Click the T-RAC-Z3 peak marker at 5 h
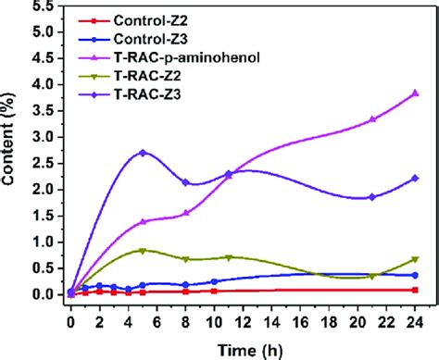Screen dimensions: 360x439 pyautogui.click(x=143, y=153)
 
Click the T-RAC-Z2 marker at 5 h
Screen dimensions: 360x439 pyautogui.click(x=143, y=251)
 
